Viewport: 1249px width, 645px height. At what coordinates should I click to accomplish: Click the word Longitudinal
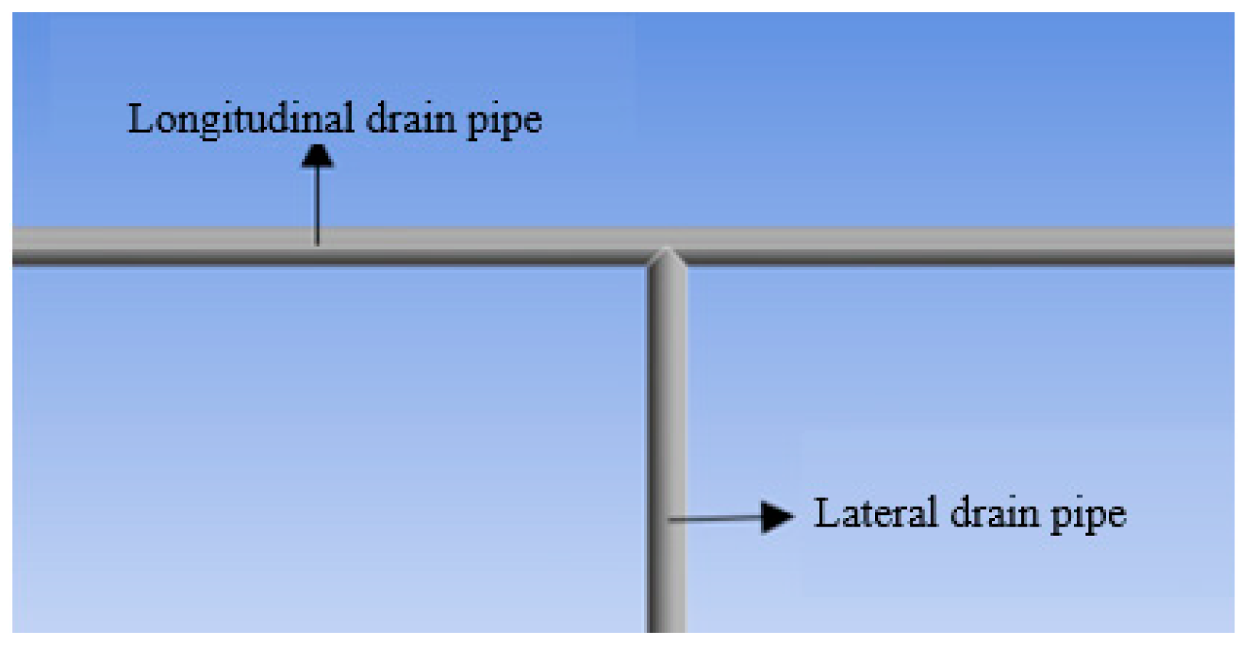pos(240,120)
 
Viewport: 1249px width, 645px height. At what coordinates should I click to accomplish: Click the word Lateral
pos(875,513)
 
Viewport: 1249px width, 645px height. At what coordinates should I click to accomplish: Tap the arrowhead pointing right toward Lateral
pos(778,517)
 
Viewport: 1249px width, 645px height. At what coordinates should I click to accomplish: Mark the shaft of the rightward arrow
pos(715,518)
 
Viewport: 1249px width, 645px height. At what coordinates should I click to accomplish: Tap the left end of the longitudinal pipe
pos(18,247)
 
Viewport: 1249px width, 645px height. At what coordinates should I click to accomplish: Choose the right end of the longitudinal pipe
pos(1228,247)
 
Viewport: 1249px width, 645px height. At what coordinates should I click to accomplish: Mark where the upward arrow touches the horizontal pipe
pos(317,242)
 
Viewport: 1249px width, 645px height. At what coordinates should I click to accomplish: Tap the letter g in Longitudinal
pos(210,125)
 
